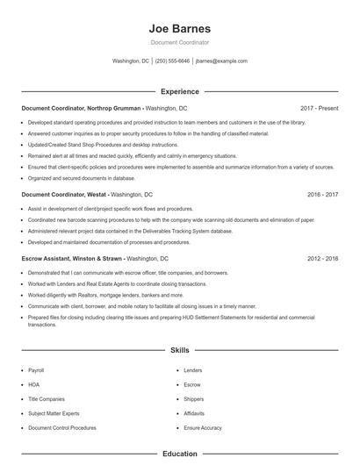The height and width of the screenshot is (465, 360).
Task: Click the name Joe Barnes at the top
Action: (x=179, y=27)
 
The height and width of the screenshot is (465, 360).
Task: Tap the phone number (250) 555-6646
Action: (x=171, y=61)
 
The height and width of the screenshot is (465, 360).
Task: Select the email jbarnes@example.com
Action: (x=221, y=61)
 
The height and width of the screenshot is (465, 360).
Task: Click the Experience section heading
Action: (x=179, y=91)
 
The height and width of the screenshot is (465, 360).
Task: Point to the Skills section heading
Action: (x=179, y=350)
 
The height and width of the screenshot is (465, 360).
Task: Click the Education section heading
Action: (x=179, y=454)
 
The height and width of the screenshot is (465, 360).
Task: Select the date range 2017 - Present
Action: (x=319, y=108)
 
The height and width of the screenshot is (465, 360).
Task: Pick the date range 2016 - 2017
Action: (x=322, y=194)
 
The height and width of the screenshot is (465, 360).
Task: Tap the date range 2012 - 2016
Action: (x=322, y=259)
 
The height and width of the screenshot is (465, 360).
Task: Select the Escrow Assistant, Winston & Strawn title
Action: (x=73, y=259)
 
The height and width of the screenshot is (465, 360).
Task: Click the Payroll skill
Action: (x=36, y=370)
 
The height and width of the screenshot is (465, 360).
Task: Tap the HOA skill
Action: (x=33, y=384)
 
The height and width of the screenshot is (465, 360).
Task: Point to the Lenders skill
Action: (x=192, y=370)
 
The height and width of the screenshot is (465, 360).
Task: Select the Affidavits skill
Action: (x=193, y=413)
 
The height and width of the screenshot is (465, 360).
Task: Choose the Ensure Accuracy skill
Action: (x=203, y=427)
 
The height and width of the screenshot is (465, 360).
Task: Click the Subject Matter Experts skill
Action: (x=54, y=413)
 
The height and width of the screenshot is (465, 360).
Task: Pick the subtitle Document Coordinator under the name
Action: (x=179, y=42)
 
